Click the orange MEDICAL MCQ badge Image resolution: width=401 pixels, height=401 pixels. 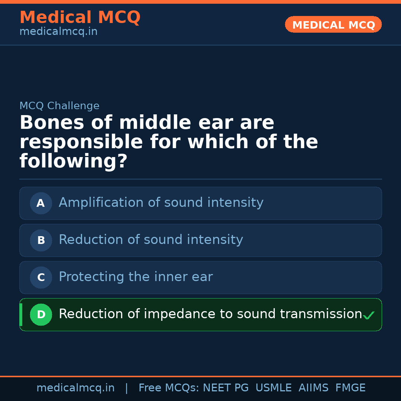coord(333,25)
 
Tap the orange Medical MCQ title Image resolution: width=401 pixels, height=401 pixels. coord(80,17)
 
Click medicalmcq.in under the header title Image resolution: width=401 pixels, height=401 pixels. coord(58,32)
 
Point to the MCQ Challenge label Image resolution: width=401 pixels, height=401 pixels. coord(59,106)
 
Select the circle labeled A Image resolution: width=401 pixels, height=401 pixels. coord(41,203)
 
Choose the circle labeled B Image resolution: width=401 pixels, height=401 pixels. coord(41,240)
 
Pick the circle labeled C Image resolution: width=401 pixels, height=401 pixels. coord(41,277)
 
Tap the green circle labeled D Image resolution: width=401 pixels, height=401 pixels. coord(41,314)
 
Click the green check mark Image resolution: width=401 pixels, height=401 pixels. coord(368,316)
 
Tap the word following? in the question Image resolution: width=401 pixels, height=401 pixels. coord(74,162)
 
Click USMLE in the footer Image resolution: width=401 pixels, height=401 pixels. coord(273,388)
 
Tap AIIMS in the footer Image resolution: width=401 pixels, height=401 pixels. coord(313,388)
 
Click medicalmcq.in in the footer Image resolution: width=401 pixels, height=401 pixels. coord(75,388)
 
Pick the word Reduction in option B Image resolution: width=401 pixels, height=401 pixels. coord(91,240)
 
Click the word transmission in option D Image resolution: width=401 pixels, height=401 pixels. coord(320,314)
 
